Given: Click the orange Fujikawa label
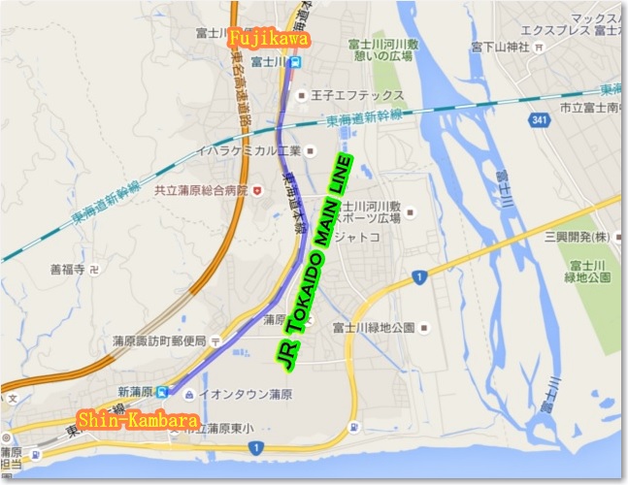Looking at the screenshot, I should tap(269, 40).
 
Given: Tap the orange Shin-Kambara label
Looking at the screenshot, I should tap(140, 421).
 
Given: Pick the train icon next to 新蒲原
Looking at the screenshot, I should tap(164, 392).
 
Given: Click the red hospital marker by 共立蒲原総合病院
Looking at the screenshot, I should tap(256, 191).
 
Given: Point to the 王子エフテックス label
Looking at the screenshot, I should tap(347, 95).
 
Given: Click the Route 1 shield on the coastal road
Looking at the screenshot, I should tap(254, 448).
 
